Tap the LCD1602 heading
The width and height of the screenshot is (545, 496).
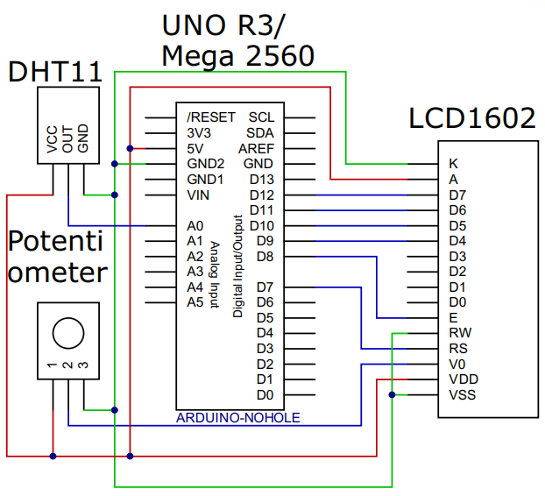click(x=472, y=118)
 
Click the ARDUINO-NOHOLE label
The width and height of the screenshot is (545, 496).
click(x=238, y=417)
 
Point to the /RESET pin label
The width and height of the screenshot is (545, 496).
click(x=210, y=117)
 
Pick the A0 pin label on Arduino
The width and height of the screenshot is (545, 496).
click(x=195, y=225)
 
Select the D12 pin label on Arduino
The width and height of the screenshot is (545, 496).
click(x=262, y=195)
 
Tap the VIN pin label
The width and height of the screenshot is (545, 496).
click(x=198, y=195)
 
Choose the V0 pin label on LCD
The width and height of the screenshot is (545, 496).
click(x=456, y=364)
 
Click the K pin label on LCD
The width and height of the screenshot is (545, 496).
click(x=453, y=164)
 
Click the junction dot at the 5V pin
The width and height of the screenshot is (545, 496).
click(x=130, y=148)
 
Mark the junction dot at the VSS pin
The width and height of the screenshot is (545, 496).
click(x=392, y=394)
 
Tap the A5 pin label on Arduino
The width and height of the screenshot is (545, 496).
click(x=195, y=302)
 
